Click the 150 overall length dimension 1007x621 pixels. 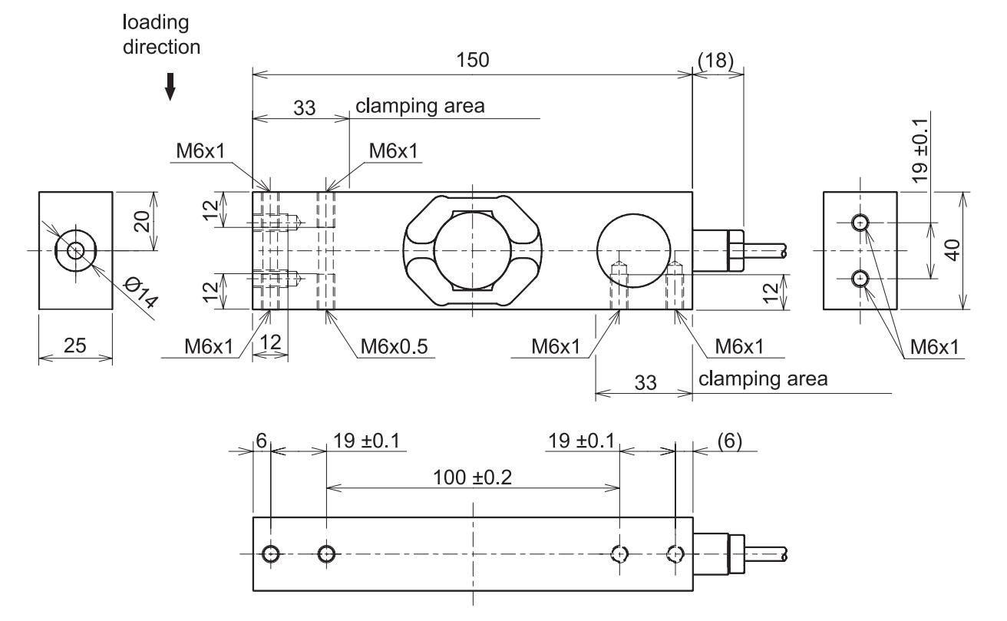pos(473,61)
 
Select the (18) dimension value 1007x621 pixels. pos(717,61)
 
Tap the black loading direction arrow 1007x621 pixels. pos(170,89)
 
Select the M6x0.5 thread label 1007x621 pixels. pos(395,347)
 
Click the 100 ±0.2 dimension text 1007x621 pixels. pos(474,477)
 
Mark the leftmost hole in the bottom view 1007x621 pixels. pos(271,553)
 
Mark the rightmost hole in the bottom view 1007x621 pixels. pos(675,553)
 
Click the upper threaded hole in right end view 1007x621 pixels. pos(860,223)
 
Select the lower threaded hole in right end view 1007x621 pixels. pos(860,278)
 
